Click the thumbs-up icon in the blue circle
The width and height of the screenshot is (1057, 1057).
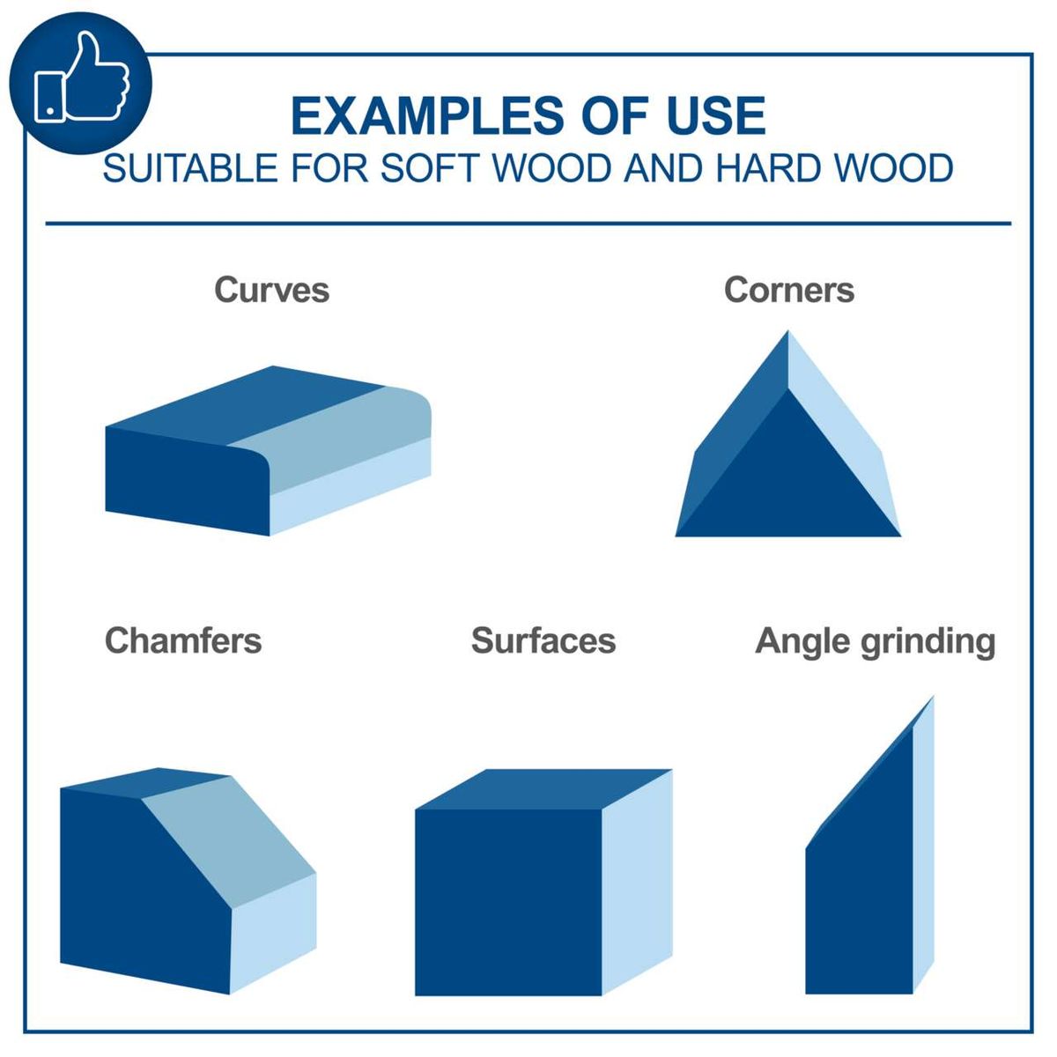82,77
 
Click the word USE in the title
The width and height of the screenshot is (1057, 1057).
716,115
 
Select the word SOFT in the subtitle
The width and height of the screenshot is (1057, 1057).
430,168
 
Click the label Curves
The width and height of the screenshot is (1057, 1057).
271,290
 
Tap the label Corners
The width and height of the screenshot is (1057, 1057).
788,290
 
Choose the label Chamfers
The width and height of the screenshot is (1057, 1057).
183,640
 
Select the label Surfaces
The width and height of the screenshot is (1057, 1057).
543,640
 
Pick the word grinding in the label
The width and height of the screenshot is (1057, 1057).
928,642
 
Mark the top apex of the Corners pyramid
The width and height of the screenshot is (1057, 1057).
788,330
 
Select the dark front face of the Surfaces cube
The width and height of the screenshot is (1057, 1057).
508,902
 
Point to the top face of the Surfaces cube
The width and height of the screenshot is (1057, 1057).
543,789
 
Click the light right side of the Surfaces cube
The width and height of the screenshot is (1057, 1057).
638,883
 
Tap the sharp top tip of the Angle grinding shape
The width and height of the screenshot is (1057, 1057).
933,698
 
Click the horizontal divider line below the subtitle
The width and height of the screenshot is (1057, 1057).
528,223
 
